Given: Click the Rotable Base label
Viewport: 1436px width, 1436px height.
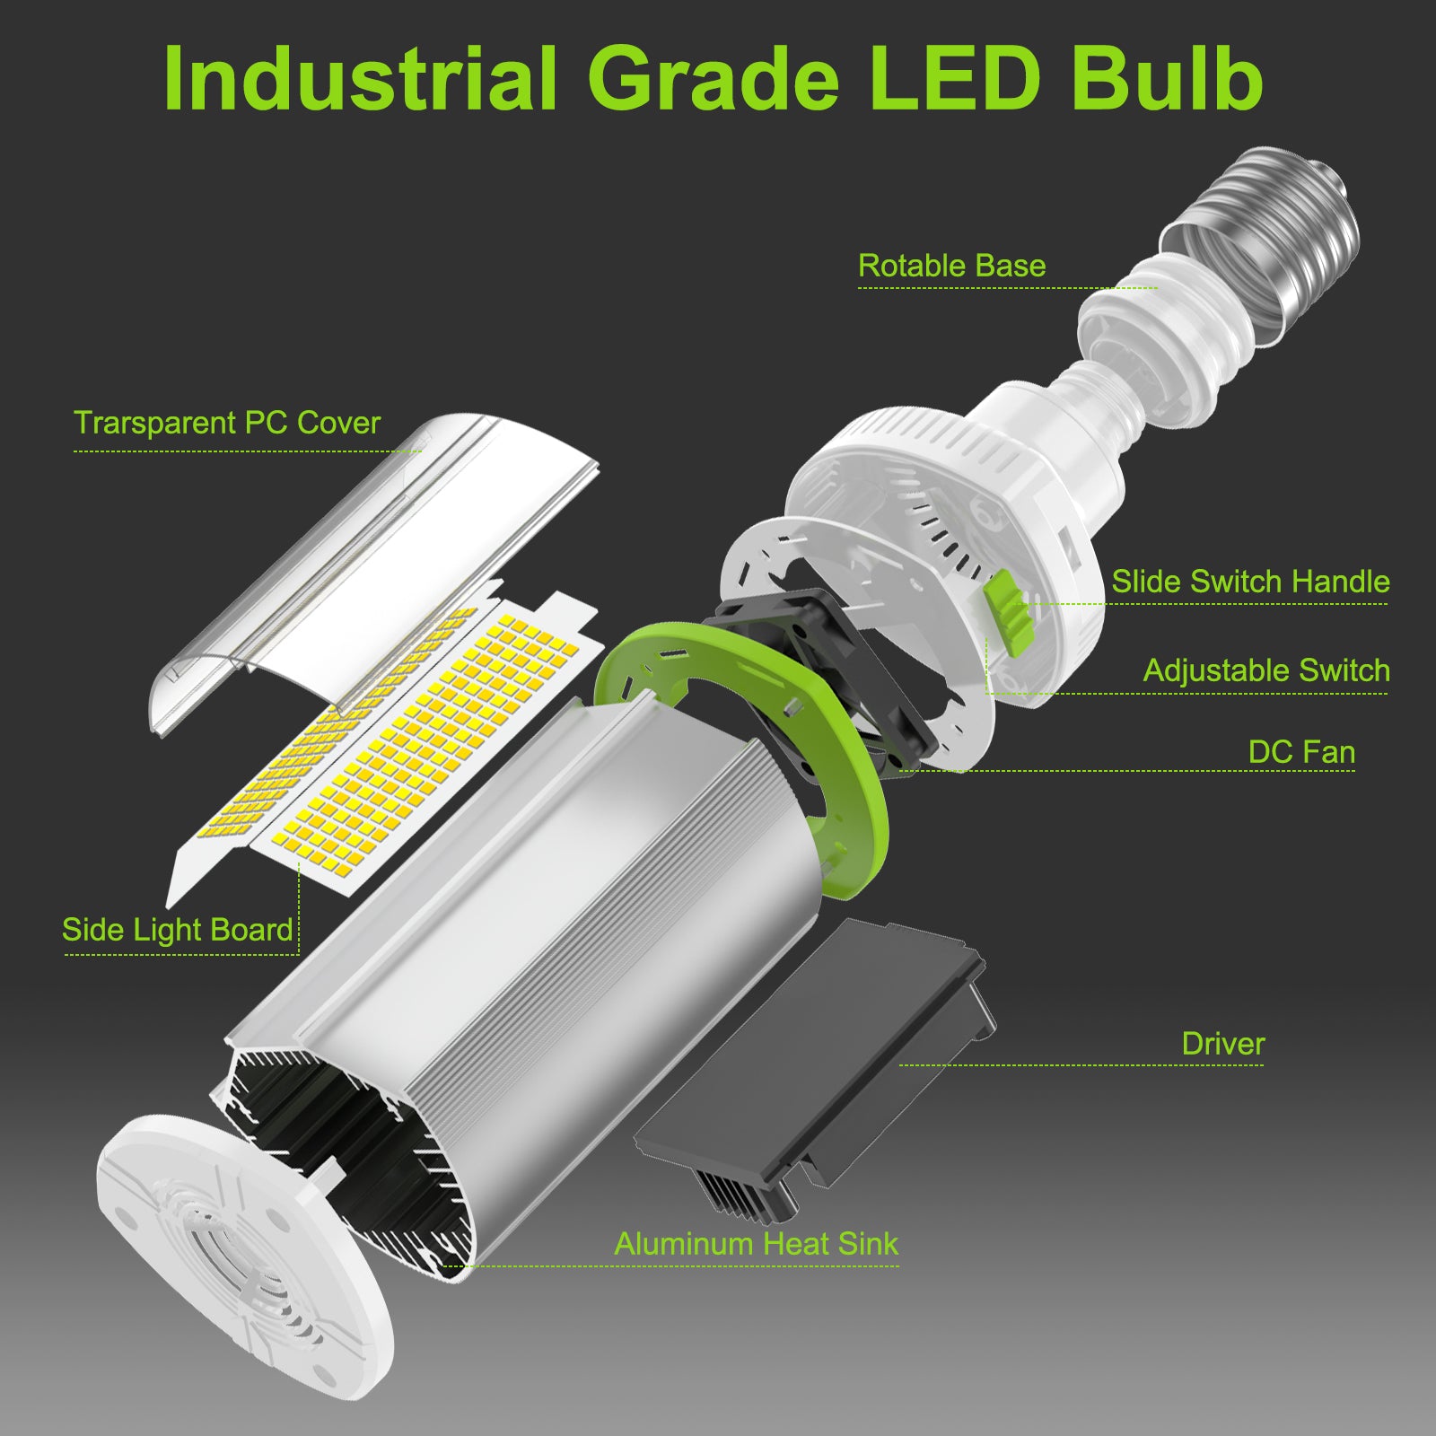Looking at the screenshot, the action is [x=951, y=266].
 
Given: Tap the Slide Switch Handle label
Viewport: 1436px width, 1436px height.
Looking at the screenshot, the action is [x=1250, y=582].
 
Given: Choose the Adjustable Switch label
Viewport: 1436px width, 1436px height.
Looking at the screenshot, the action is [x=1266, y=670].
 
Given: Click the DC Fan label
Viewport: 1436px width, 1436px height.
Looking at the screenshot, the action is [x=1301, y=752].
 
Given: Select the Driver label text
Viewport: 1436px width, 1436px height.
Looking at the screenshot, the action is [x=1222, y=1044].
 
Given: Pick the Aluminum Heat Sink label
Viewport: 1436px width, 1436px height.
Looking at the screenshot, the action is [x=756, y=1243].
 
